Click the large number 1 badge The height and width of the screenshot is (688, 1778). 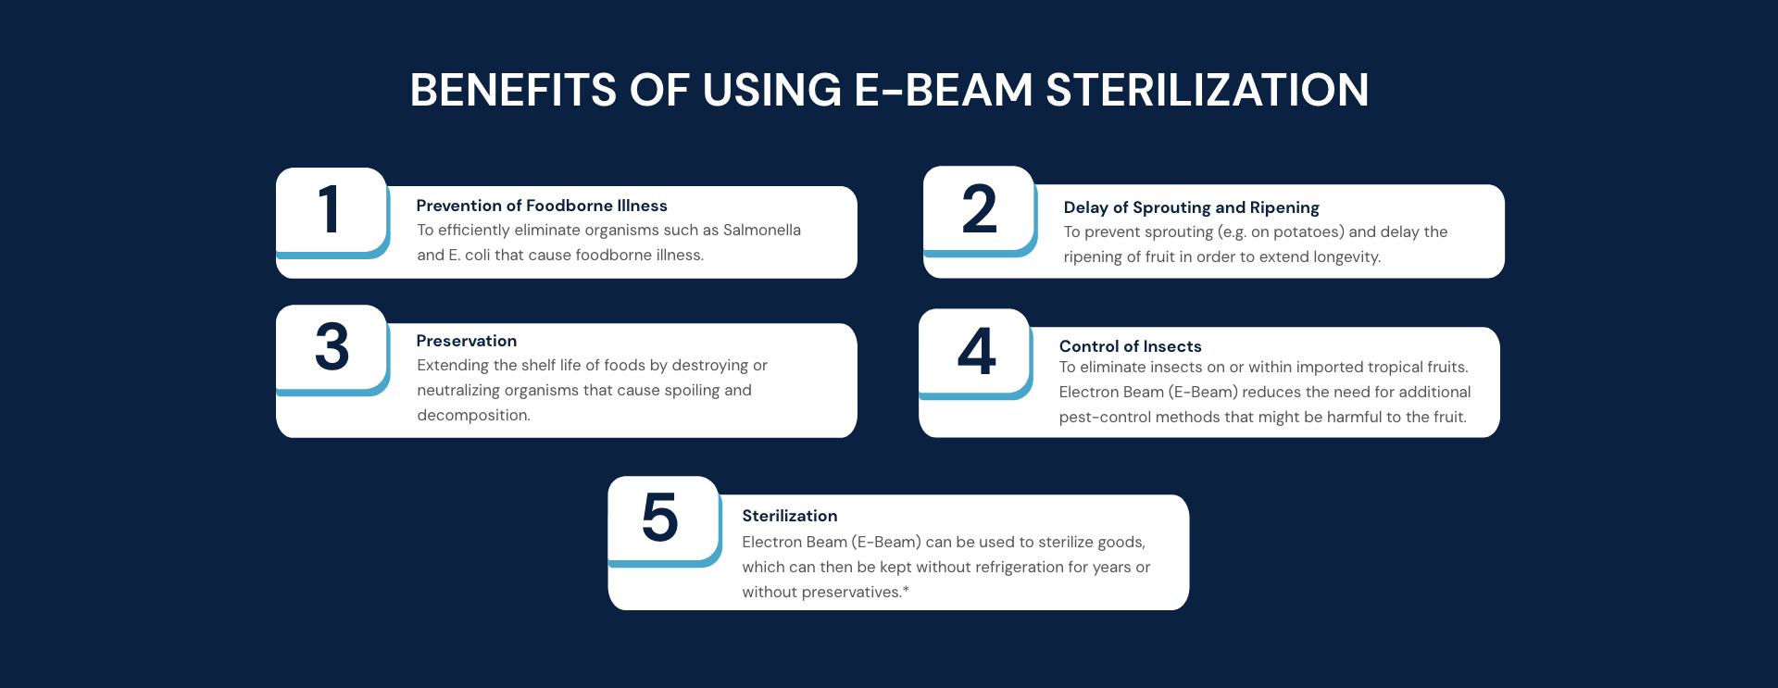pyautogui.click(x=332, y=212)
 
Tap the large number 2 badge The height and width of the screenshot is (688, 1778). pyautogui.click(x=979, y=210)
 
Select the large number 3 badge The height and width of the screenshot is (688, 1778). pyautogui.click(x=332, y=349)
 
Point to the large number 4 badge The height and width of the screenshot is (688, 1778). pyautogui.click(x=975, y=353)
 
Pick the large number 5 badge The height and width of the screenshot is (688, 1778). pyautogui.click(x=664, y=520)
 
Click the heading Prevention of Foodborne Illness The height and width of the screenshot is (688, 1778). pyautogui.click(x=542, y=206)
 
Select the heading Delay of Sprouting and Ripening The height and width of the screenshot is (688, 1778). pyautogui.click(x=1191, y=207)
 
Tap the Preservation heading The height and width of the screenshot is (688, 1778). pyautogui.click(x=467, y=341)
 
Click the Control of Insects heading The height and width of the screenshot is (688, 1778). pyautogui.click(x=1130, y=346)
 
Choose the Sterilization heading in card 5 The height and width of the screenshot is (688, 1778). pyautogui.click(x=789, y=516)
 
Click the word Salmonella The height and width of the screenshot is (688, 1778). pyautogui.click(x=761, y=230)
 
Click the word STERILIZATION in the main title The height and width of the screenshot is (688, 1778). pyautogui.click(x=1207, y=90)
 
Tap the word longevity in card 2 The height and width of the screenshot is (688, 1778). pyautogui.click(x=1345, y=257)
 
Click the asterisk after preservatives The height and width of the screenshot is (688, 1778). pyautogui.click(x=906, y=589)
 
